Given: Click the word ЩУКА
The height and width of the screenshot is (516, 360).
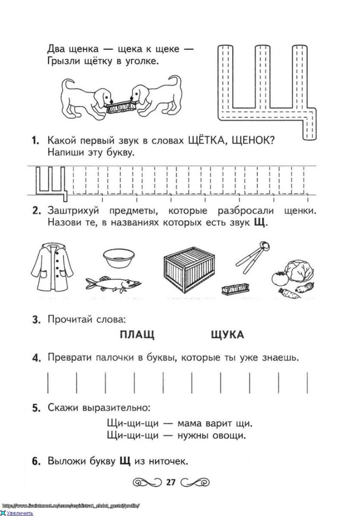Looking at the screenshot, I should pyautogui.click(x=227, y=335).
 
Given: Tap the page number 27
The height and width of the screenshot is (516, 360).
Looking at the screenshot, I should pyautogui.click(x=171, y=483).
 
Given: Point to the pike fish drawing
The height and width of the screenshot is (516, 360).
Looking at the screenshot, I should pyautogui.click(x=114, y=284).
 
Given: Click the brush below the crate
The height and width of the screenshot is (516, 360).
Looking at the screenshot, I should pyautogui.click(x=236, y=288).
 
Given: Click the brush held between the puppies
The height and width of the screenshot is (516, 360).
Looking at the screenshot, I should pyautogui.click(x=122, y=107).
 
